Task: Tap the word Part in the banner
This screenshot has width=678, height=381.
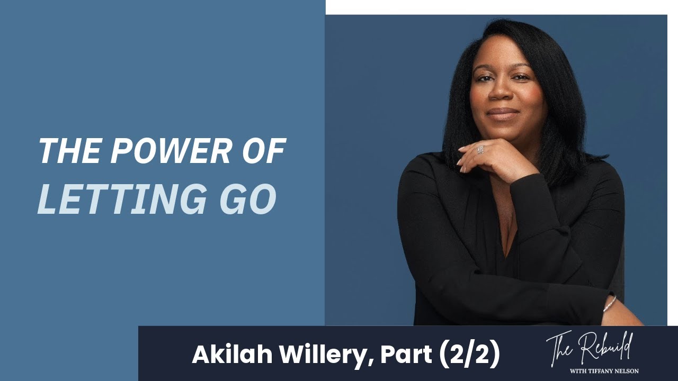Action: tap(407, 355)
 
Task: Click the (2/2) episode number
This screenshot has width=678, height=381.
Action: tap(469, 355)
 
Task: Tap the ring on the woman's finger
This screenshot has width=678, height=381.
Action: tap(480, 150)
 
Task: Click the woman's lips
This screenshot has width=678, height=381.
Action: tap(503, 113)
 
